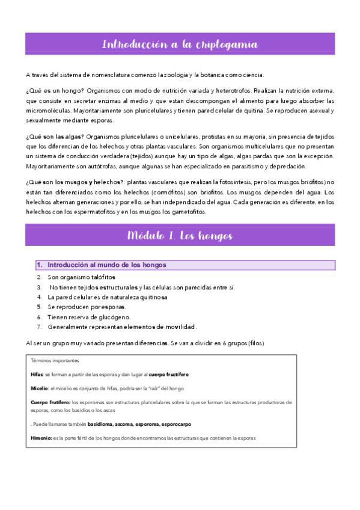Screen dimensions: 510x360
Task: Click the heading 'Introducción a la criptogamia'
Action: point(180,45)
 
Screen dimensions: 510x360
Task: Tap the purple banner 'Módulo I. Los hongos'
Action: point(180,235)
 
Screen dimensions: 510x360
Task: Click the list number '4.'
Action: point(40,297)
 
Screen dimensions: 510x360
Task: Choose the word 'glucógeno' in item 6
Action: point(113,317)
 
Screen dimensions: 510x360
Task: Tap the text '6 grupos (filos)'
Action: point(237,343)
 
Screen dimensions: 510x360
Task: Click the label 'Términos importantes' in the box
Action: point(54,361)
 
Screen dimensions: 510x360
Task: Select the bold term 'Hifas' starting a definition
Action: point(37,374)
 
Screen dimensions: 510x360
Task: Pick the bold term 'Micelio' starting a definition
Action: point(40,389)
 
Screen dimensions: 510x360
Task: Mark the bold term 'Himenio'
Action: point(41,438)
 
